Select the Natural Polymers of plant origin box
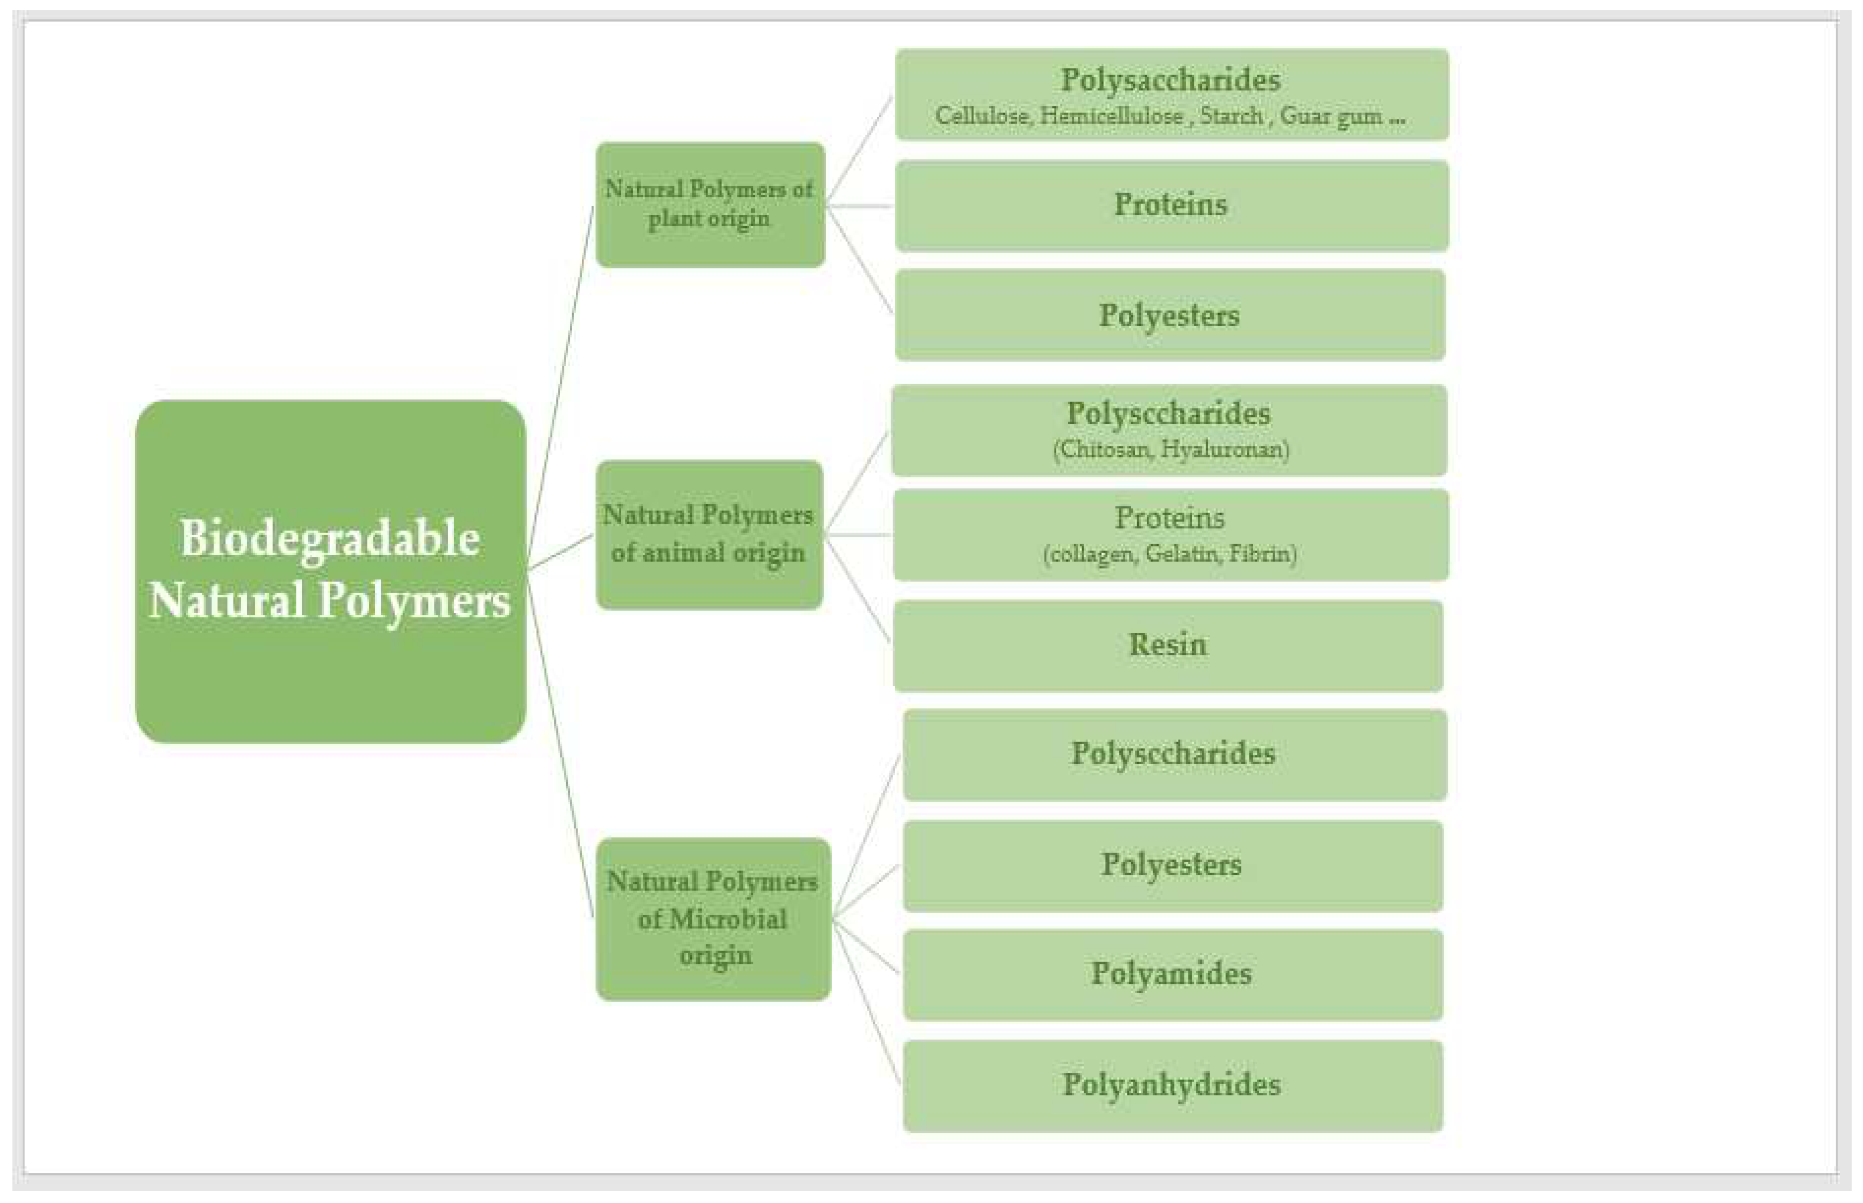pyautogui.click(x=710, y=205)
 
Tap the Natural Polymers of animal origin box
pyautogui.click(x=709, y=535)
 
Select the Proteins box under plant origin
pyautogui.click(x=1171, y=205)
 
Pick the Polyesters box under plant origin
pyautogui.click(x=1170, y=315)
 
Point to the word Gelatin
pyautogui.click(x=1181, y=554)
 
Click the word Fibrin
pyautogui.click(x=1261, y=554)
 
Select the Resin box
pyautogui.click(x=1168, y=645)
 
